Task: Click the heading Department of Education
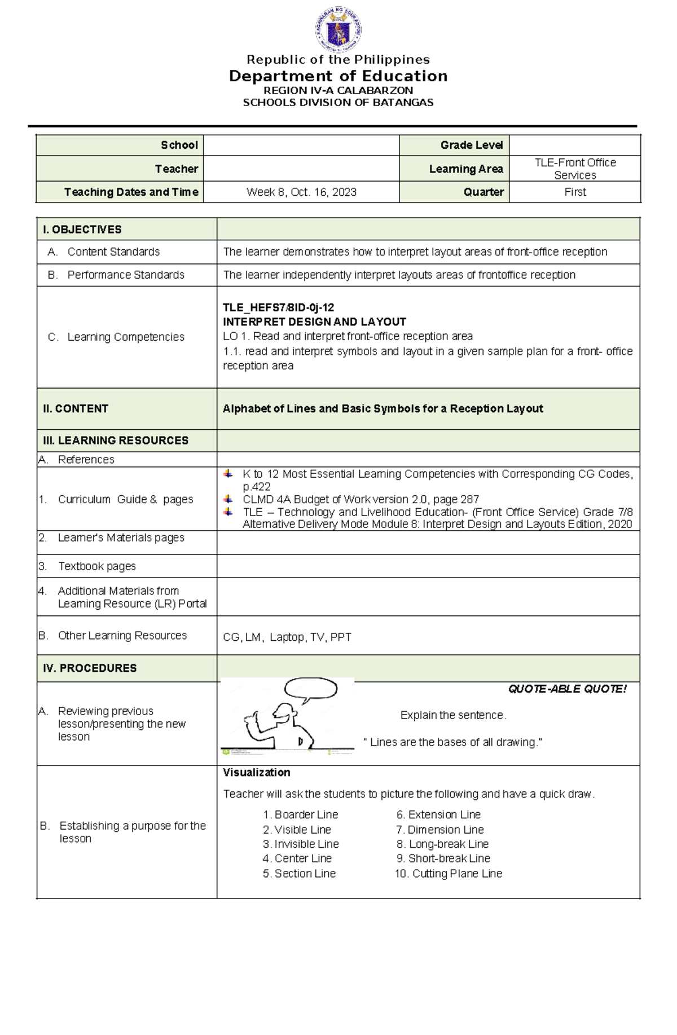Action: [x=338, y=76]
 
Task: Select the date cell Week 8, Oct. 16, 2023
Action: [x=301, y=192]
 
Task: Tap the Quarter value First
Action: [x=575, y=192]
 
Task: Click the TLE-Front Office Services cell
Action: [x=575, y=169]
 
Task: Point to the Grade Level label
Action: [x=471, y=146]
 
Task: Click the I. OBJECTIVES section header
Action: [x=82, y=230]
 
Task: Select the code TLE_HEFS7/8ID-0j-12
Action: [x=278, y=307]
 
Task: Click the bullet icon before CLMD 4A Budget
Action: [x=228, y=499]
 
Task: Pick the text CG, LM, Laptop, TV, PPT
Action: [x=287, y=637]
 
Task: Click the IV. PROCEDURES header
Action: [x=90, y=668]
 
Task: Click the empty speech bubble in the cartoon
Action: [x=310, y=689]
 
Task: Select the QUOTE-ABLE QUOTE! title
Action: [x=567, y=689]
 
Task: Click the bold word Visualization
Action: [x=256, y=772]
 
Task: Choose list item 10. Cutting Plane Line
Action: [x=448, y=873]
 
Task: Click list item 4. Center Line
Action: [x=297, y=858]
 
